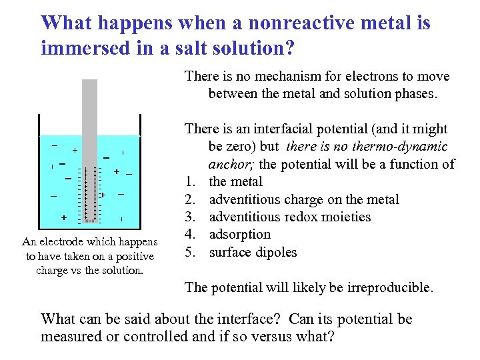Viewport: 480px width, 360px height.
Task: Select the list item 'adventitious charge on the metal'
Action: pyautogui.click(x=304, y=199)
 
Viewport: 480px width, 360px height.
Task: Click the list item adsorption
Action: pyautogui.click(x=240, y=234)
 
